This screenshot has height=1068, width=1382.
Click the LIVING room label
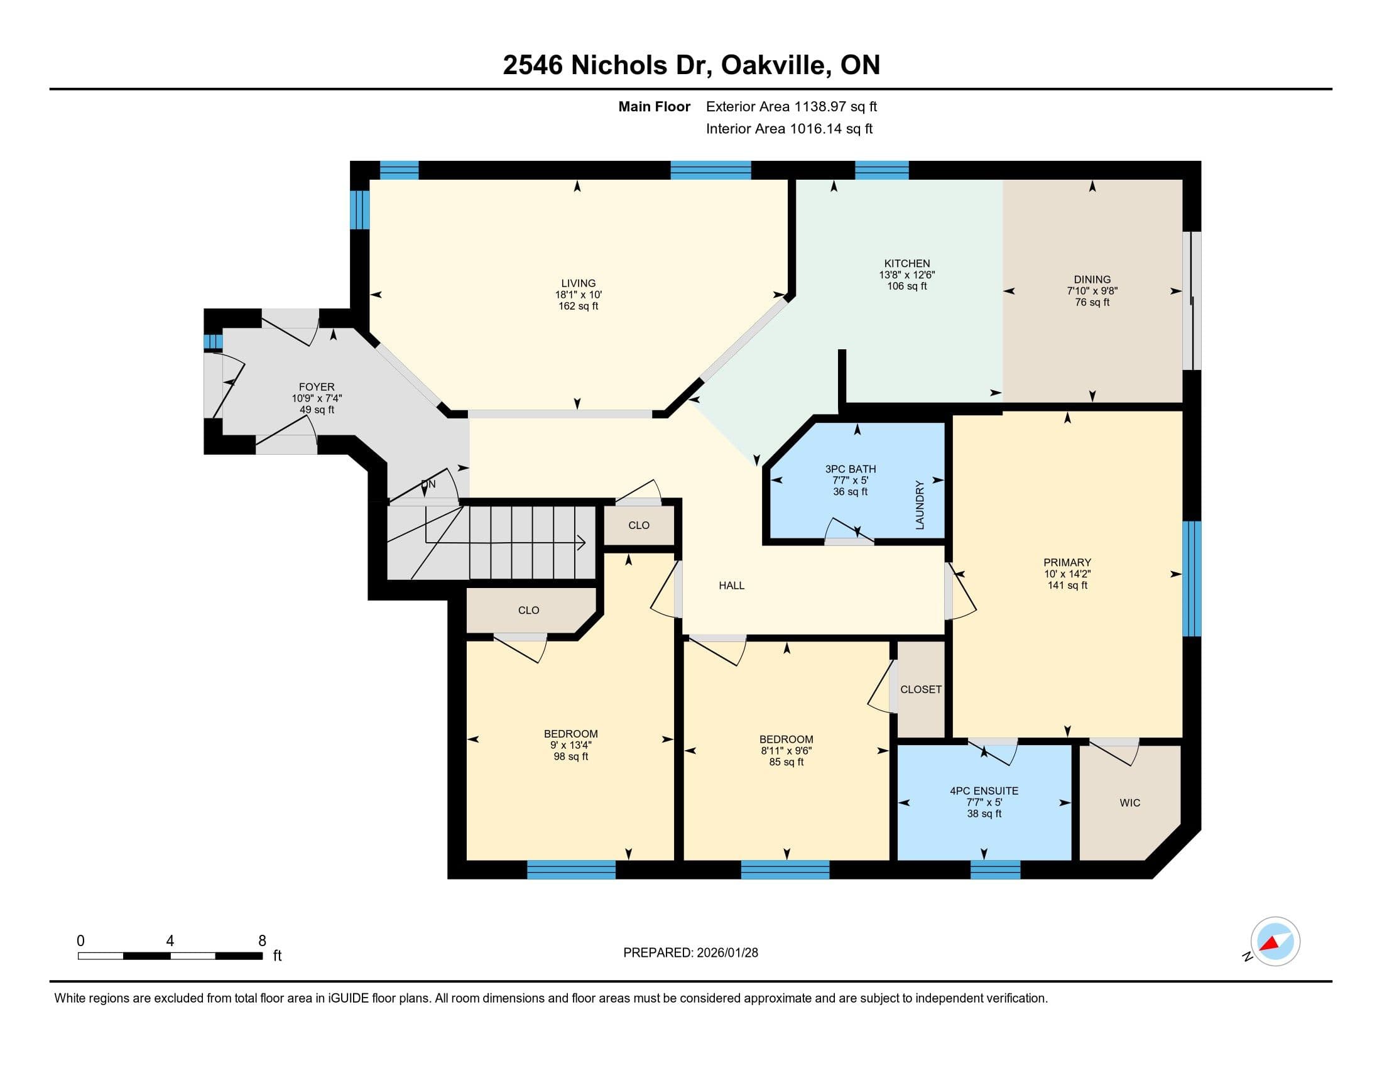click(x=578, y=283)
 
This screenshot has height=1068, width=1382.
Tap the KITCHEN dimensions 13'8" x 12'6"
click(x=906, y=275)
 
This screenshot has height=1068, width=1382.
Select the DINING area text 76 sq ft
click(x=1092, y=302)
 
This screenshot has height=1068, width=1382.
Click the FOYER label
click(x=317, y=386)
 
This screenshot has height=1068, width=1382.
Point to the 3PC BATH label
click(x=850, y=469)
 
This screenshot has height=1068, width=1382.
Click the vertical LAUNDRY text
click(x=920, y=505)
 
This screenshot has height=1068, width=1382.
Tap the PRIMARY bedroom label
click(x=1067, y=562)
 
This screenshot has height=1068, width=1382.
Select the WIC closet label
click(x=1129, y=803)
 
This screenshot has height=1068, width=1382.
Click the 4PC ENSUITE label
click(x=983, y=790)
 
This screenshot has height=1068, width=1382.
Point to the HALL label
click(x=731, y=586)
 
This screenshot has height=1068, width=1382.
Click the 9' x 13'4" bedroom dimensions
click(x=570, y=744)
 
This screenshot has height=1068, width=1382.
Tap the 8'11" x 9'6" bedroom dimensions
click(x=786, y=750)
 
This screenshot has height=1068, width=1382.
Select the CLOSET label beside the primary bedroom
click(x=920, y=689)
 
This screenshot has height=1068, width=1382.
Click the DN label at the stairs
click(x=428, y=484)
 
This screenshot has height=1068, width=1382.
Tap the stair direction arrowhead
click(x=581, y=542)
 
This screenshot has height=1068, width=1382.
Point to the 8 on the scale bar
click(x=262, y=941)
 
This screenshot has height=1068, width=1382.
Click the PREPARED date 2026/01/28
click(x=726, y=952)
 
